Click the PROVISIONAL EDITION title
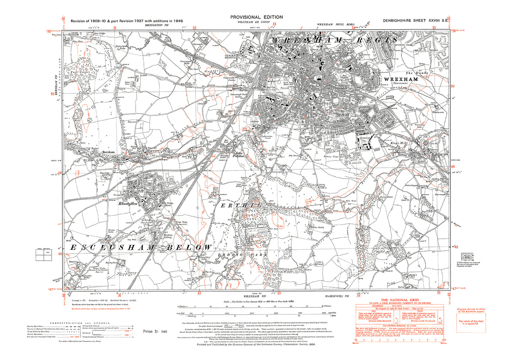[x=256, y=17]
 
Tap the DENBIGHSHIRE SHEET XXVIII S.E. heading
[x=415, y=21]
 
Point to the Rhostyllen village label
[x=127, y=204]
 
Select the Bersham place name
[x=108, y=152]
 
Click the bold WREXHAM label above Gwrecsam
[x=401, y=79]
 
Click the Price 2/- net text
[x=155, y=331]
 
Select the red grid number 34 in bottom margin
[x=359, y=296]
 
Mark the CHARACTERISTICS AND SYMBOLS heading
[x=80, y=323]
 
